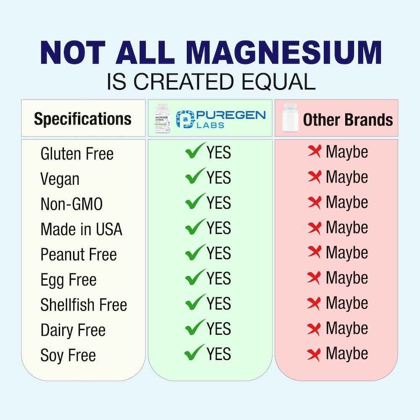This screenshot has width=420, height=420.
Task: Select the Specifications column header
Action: point(83,119)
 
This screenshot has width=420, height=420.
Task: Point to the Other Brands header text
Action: point(348,120)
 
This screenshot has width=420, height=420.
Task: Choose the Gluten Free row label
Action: point(77,154)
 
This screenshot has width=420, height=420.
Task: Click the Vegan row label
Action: point(60,179)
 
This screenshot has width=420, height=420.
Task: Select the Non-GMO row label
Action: point(71,205)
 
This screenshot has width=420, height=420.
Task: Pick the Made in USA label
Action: point(81,229)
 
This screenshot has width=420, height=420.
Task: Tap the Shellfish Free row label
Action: point(84,305)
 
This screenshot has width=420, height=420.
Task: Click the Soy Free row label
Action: point(68,356)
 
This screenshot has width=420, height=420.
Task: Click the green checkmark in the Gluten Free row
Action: point(195,151)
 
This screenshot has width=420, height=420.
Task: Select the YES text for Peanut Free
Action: point(218,253)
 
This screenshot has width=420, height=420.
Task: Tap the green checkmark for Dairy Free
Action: point(195,328)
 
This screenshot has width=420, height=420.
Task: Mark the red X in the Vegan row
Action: point(314,177)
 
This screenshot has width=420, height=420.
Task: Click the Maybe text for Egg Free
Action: point(347,278)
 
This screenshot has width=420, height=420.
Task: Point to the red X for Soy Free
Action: point(314,354)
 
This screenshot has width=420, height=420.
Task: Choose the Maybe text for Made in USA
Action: point(347,228)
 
